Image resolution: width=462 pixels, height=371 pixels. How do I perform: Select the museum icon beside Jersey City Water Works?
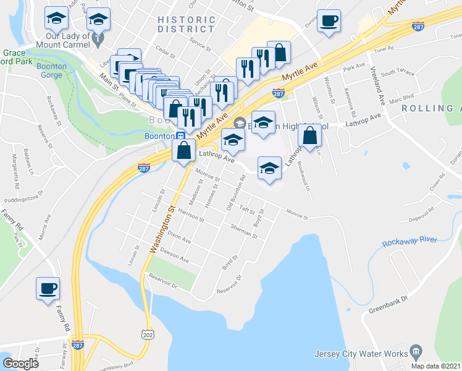pyautogui.click(x=415, y=352)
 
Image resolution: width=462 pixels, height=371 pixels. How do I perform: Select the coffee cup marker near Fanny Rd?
pyautogui.click(x=48, y=288)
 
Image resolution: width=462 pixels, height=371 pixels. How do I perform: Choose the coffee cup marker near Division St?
pyautogui.click(x=327, y=20)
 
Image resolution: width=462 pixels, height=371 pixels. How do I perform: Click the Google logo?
pyautogui.click(x=21, y=364)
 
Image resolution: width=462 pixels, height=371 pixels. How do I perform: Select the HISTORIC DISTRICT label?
pyautogui.click(x=186, y=24)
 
